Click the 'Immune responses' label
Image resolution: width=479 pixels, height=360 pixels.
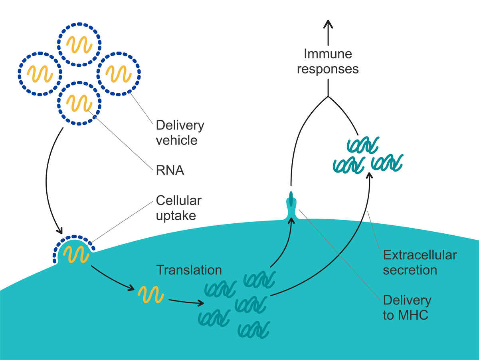point(328,61)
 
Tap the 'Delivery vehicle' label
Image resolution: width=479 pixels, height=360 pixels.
point(180,133)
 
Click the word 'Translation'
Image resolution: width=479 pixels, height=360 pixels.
point(189,270)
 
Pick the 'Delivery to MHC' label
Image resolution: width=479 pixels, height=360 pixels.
point(407,308)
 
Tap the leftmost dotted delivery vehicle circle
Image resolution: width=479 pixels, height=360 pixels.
point(40,73)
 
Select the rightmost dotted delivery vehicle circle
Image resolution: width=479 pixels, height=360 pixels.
point(119,73)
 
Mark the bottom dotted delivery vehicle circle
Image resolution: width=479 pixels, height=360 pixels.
point(79,103)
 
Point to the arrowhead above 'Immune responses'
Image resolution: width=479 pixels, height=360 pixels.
point(328,24)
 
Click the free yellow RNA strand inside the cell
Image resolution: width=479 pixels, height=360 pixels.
point(151,295)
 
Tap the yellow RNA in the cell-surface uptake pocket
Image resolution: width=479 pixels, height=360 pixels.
point(75,253)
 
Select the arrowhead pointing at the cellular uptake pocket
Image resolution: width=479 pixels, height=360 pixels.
point(60,231)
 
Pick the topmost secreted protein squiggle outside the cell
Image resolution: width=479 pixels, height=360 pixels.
point(362,145)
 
